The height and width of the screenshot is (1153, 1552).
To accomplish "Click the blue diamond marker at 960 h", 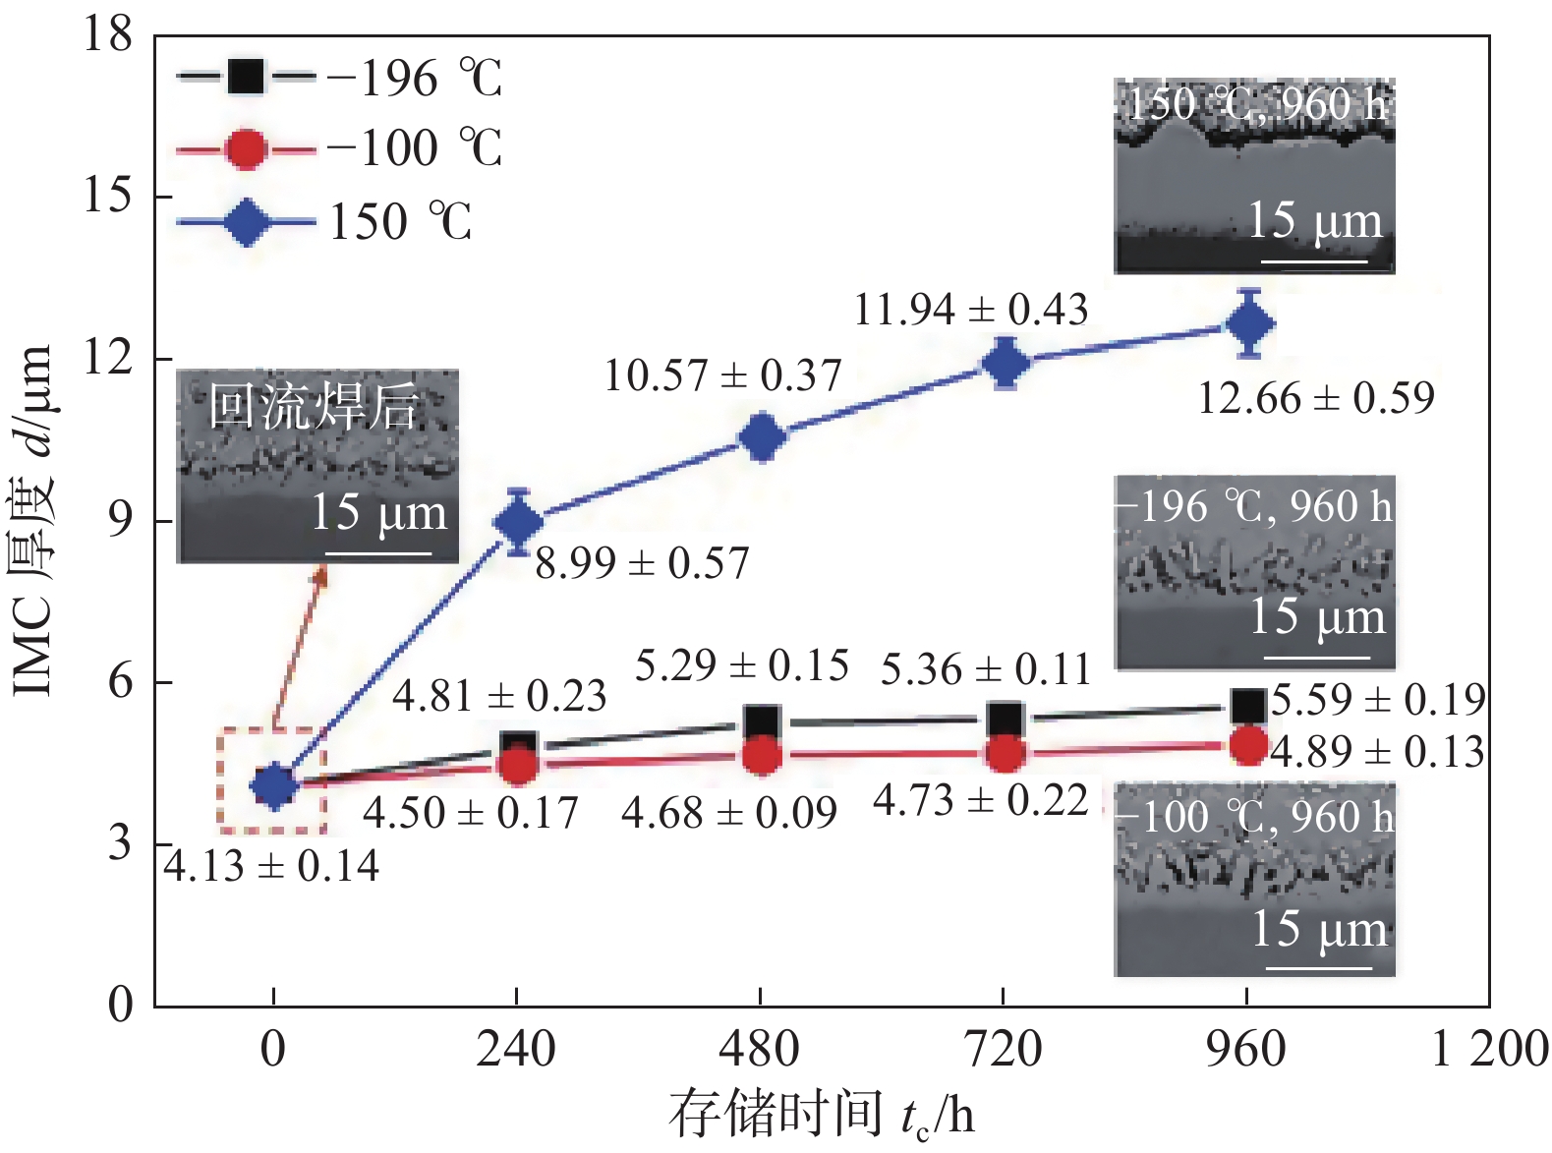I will pos(1249,323).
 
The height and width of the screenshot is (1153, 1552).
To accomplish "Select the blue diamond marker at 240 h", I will pos(519,522).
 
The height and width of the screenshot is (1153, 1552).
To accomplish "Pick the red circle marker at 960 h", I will pos(1248,746).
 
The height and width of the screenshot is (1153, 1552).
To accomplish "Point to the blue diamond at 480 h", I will pos(762,437).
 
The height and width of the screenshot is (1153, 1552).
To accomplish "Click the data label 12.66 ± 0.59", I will pos(1316,398).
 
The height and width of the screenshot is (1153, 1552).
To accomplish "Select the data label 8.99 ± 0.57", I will pos(642,563).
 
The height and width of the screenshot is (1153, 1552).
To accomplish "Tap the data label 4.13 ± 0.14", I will pos(271,866).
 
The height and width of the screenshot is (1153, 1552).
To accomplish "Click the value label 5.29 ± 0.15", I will pos(742,665).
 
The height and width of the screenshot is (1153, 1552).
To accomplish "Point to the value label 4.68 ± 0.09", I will pos(729,813).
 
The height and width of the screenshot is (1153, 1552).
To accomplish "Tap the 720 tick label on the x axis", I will pos(1003,1049).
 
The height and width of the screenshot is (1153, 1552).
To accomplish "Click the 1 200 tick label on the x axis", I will pos(1488,1049).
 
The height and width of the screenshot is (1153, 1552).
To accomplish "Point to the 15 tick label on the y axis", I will pos(107,196).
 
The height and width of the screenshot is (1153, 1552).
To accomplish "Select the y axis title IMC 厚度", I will pos(33,521).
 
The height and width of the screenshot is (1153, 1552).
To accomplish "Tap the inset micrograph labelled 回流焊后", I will pos(317,466).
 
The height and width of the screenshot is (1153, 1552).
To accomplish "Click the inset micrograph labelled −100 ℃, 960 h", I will pos(1254,879).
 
